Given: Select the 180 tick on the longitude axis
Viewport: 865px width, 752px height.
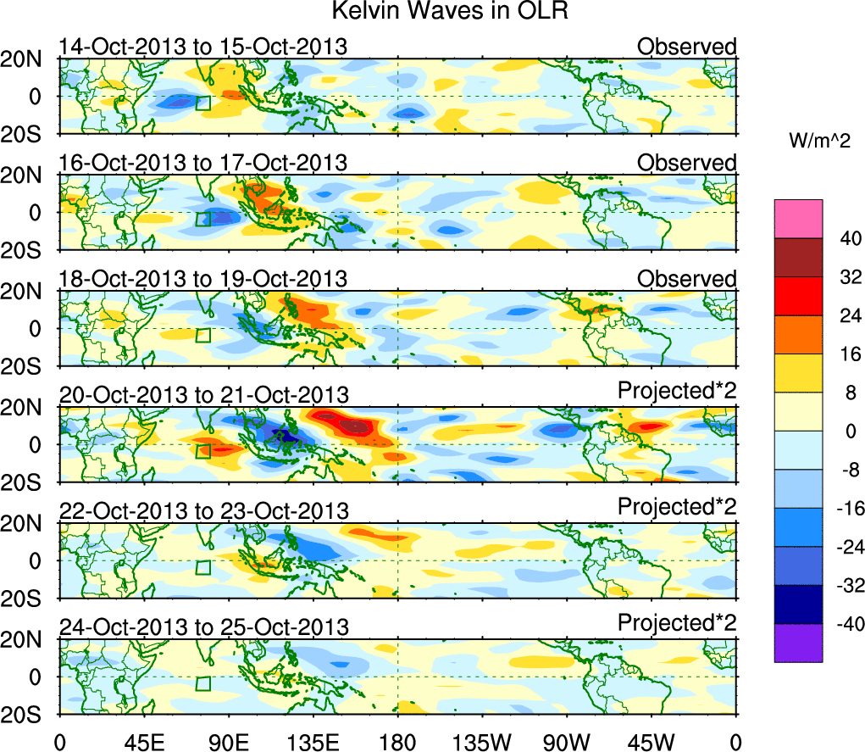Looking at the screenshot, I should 398,740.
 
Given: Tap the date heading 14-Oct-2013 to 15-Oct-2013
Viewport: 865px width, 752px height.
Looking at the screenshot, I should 203,47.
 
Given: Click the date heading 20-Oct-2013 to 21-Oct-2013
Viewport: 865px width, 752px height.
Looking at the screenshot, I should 203,394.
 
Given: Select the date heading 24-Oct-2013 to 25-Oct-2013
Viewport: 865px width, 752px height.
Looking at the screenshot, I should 203,627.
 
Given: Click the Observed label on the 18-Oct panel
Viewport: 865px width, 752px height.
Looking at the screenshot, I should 687,279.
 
